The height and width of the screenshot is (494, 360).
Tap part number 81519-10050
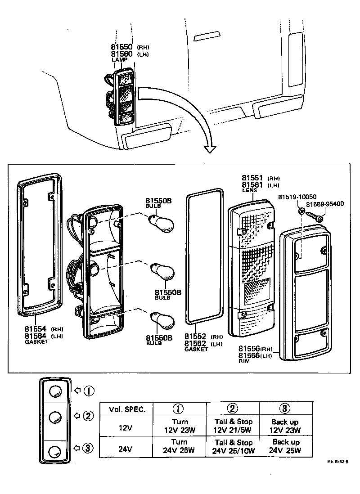(x=297, y=197)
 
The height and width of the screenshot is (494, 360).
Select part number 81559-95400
(x=325, y=204)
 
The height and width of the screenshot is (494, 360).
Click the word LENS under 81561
(x=249, y=191)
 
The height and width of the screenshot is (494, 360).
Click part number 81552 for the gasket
(x=197, y=337)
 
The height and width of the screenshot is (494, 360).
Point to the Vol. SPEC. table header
(x=127, y=409)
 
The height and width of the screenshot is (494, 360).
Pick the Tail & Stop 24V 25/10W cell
(x=233, y=446)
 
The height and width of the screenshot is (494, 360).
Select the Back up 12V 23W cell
(x=285, y=426)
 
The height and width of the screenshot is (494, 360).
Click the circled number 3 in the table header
(x=285, y=409)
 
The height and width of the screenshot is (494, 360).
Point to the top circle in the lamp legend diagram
(x=55, y=391)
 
